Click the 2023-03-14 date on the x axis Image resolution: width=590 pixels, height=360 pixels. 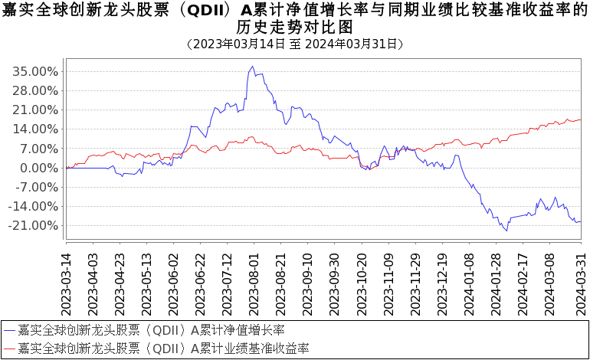coord(66,283)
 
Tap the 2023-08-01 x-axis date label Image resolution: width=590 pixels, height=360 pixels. coord(254,283)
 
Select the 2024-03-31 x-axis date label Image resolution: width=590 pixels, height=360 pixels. coord(580,283)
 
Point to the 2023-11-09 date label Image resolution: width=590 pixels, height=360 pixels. coord(388,283)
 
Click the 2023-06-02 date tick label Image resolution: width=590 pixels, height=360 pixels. coord(173,283)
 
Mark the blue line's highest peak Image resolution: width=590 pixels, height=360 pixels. coord(254,67)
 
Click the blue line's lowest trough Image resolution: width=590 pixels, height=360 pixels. coord(507,231)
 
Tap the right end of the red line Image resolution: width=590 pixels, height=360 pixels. coord(580,119)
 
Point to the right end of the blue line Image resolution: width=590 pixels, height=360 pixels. coord(580,221)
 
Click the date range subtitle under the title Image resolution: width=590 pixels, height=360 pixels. coord(294,44)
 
